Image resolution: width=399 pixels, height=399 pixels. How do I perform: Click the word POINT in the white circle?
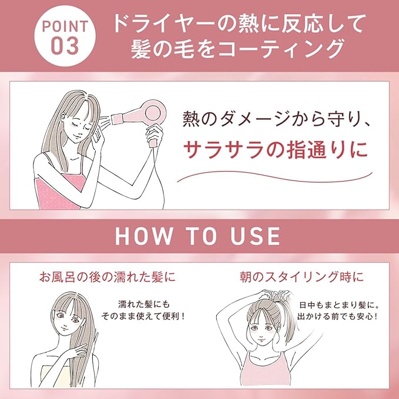click(65, 26)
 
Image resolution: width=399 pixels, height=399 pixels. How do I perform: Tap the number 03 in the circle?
click(65, 46)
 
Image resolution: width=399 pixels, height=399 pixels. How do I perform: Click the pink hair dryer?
click(140, 116)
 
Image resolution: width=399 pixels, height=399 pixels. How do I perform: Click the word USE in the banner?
click(255, 236)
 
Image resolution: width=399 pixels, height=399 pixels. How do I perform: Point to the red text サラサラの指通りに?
click(276, 150)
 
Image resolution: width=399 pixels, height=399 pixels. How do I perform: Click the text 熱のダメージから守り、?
click(276, 119)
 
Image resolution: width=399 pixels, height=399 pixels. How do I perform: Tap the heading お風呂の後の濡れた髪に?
click(108, 277)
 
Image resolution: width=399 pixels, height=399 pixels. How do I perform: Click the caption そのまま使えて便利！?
click(143, 316)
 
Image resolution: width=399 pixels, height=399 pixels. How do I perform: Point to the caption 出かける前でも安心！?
click(338, 316)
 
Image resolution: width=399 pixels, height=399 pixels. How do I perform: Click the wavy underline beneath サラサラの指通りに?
click(275, 177)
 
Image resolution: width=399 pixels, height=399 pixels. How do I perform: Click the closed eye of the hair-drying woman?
click(76, 124)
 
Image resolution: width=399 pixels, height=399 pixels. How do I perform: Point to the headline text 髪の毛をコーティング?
click(237, 48)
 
